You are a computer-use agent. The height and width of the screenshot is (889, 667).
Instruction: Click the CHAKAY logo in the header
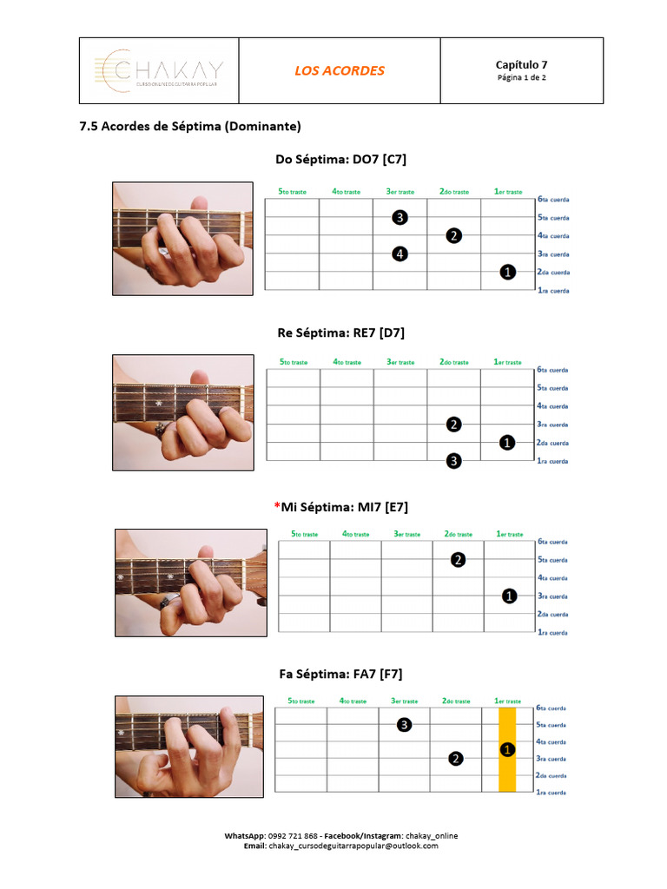click(x=158, y=70)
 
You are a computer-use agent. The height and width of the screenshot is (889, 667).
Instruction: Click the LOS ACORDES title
click(x=339, y=70)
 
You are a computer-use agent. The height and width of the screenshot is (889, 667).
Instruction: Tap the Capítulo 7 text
click(x=521, y=64)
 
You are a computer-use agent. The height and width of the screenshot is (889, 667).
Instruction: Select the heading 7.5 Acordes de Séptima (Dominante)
click(x=190, y=126)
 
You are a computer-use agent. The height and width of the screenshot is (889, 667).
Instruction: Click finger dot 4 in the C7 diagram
click(x=400, y=254)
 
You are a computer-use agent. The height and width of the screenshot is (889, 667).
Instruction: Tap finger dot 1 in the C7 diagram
click(x=508, y=273)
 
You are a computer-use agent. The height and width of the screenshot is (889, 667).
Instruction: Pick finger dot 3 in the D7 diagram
click(x=453, y=461)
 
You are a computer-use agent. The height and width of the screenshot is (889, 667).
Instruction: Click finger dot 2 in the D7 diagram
click(x=453, y=425)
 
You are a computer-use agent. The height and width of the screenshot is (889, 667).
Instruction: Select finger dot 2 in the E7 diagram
click(x=458, y=560)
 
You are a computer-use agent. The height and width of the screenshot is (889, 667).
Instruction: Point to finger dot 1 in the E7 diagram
click(x=509, y=596)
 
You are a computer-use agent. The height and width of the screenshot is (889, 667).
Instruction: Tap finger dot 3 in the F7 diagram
click(x=404, y=725)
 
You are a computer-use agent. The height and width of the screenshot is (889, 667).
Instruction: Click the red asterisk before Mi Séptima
click(x=276, y=507)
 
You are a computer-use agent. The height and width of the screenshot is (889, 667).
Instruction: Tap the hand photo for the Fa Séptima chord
click(x=189, y=746)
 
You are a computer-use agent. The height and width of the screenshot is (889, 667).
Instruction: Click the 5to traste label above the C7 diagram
click(x=293, y=192)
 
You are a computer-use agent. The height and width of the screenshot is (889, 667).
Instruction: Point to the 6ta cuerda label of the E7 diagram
click(x=552, y=542)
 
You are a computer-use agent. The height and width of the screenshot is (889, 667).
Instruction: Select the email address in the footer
click(x=353, y=846)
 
